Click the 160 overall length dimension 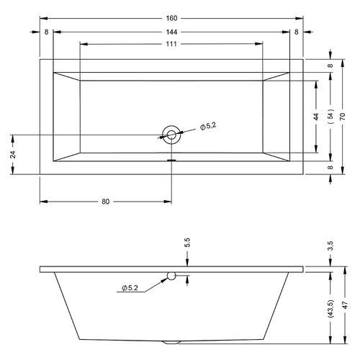[171, 18]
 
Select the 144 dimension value [171, 32]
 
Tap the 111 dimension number [171, 44]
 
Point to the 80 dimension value [105, 202]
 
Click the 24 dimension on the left [14, 154]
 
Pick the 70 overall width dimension [343, 117]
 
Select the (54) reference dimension [330, 116]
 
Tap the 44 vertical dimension [316, 117]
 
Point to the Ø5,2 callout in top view [208, 126]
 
